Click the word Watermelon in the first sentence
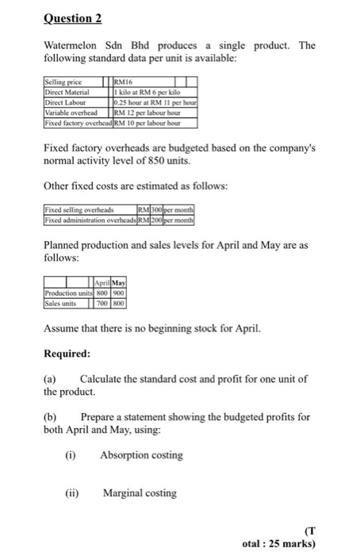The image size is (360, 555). (71, 45)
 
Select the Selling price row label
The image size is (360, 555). (64, 82)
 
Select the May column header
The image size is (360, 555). (120, 282)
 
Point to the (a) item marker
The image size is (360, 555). (50, 380)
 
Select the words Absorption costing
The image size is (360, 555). (141, 455)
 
